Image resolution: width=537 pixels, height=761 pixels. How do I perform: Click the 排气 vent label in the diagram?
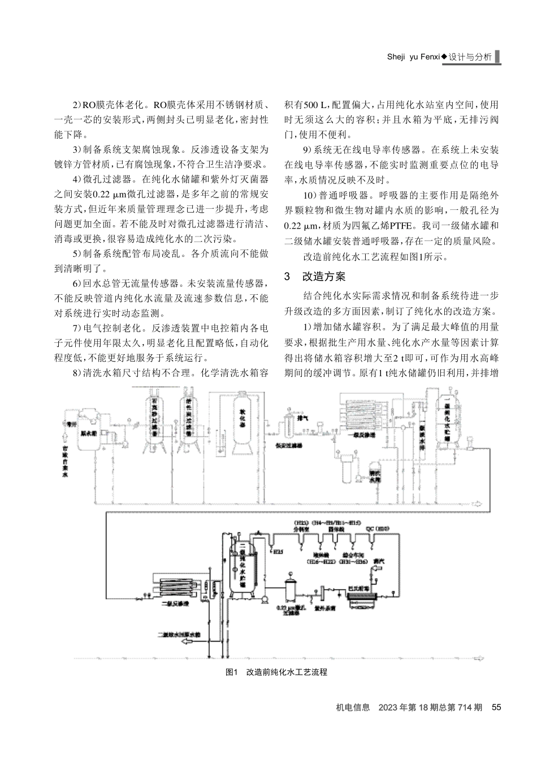[302, 418]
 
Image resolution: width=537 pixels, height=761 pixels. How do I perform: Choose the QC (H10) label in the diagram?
[377, 527]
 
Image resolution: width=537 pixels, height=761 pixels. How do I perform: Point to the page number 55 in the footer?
[496, 707]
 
